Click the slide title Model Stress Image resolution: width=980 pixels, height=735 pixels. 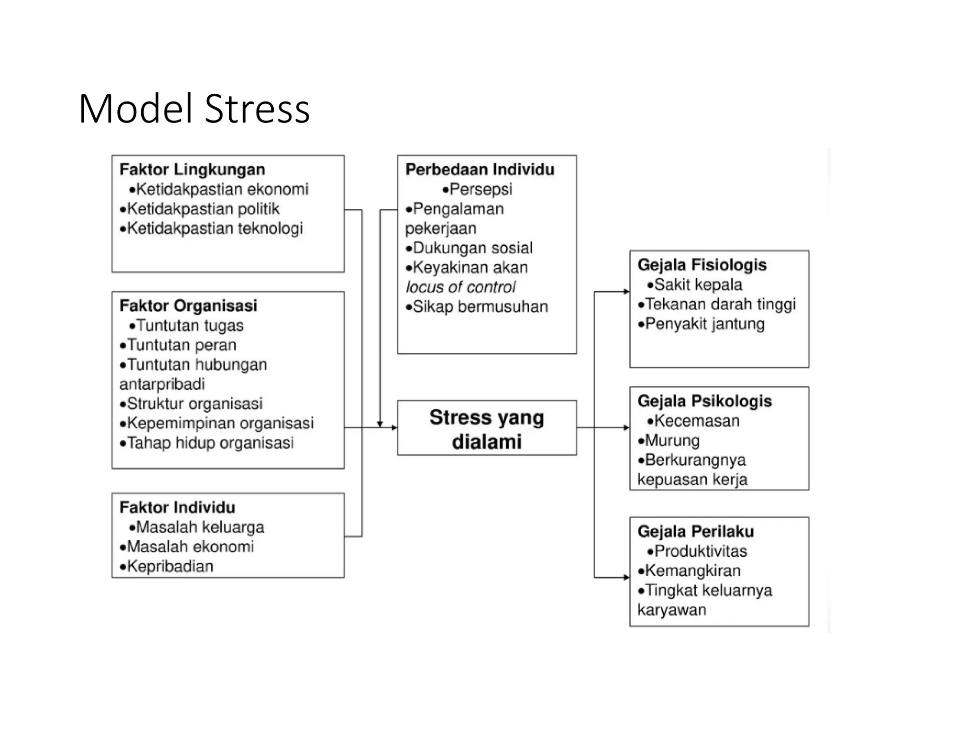194,109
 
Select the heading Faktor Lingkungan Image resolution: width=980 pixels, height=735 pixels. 192,169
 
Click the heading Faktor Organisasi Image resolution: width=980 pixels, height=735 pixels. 188,305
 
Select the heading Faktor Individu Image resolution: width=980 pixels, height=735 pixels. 177,507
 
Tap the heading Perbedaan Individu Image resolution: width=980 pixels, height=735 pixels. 479,169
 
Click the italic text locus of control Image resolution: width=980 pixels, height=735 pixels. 461,287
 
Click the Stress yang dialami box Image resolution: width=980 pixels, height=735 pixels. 487,428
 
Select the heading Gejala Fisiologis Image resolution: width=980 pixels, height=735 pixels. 702,265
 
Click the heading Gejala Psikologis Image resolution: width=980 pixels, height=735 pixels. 704,401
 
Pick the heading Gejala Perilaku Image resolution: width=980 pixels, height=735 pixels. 695,531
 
